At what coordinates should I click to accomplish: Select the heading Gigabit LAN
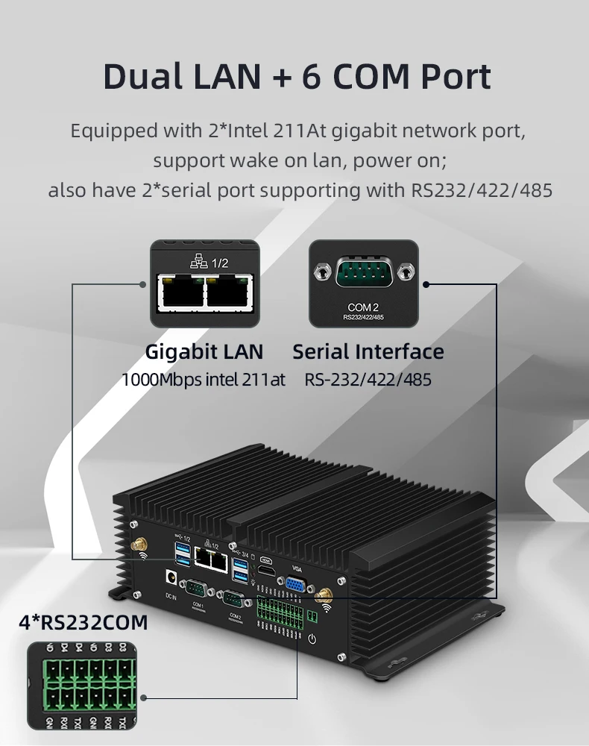[x=204, y=351]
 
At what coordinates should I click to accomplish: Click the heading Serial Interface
[x=368, y=351]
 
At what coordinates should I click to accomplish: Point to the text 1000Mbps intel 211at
[x=204, y=380]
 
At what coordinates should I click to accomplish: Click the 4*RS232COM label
[x=84, y=622]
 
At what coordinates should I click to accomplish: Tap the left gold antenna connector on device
[x=138, y=547]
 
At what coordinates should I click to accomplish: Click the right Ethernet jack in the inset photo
[x=228, y=295]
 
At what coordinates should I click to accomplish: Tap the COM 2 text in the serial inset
[x=363, y=307]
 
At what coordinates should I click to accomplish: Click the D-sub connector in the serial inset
[x=363, y=273]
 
